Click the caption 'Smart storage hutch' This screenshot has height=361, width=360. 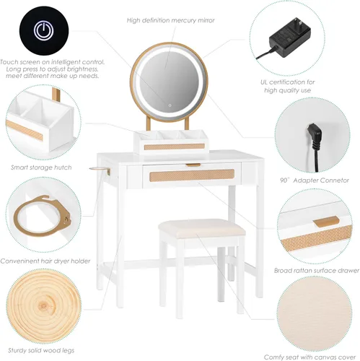40,167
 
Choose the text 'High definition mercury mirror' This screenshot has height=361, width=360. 170,20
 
